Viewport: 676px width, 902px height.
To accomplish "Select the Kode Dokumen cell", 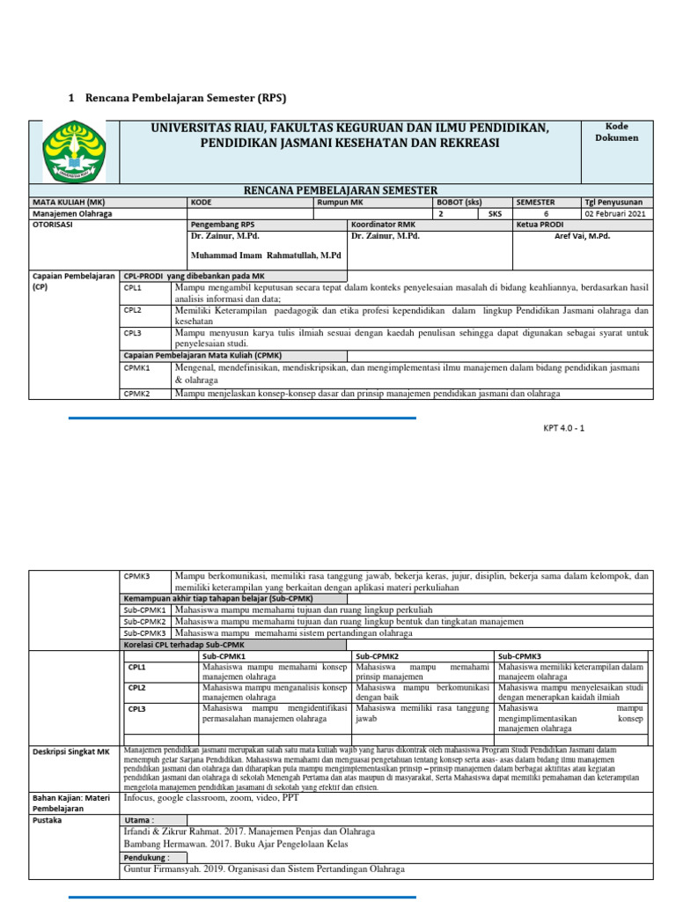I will coord(616,132).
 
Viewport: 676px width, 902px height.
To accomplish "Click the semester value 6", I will coord(545,213).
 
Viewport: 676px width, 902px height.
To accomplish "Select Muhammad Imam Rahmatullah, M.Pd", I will coord(265,255).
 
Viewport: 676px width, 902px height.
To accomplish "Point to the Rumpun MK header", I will coord(338,202).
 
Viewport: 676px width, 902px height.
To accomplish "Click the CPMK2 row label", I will coord(137,394).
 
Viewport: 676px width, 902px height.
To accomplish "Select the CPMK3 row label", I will coord(137,576).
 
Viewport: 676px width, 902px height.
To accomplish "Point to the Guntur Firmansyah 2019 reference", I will coord(264,869).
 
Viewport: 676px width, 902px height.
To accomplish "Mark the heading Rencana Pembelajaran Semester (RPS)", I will coord(185,98).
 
